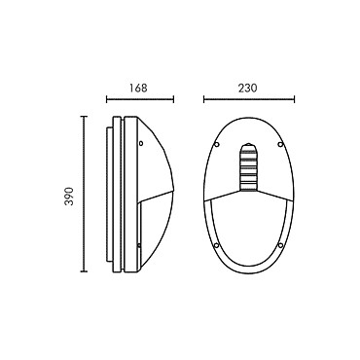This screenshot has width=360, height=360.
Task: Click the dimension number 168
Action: (x=138, y=88)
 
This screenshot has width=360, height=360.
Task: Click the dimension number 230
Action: (x=247, y=88)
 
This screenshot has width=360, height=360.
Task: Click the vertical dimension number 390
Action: (x=69, y=197)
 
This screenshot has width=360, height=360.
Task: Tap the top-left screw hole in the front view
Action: (x=217, y=144)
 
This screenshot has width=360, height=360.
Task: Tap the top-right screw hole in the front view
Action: (x=281, y=144)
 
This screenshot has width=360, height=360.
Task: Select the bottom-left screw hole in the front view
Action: (x=217, y=245)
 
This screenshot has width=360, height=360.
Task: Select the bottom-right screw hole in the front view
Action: (x=281, y=245)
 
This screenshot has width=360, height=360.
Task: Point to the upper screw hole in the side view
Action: (x=141, y=143)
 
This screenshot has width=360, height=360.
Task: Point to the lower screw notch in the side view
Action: (x=139, y=246)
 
